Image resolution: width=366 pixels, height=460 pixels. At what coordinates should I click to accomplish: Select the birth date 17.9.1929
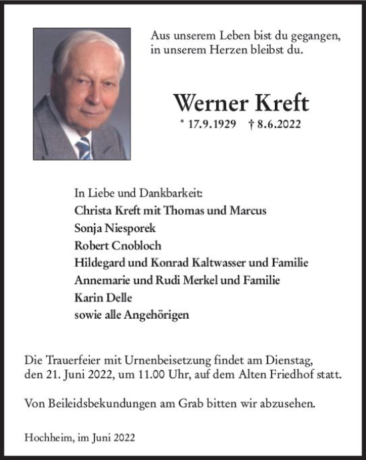pos(212,125)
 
